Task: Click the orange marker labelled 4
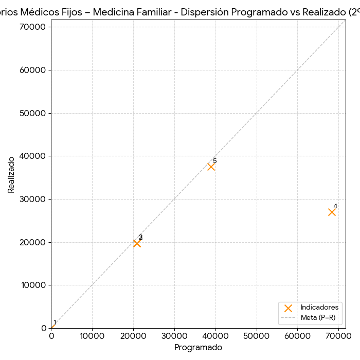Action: coord(332,212)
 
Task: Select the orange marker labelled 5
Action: coord(211,167)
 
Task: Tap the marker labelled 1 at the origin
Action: coord(51,328)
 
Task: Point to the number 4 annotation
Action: coord(335,206)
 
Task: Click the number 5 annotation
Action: coord(214,161)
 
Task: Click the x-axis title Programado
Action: coord(198,348)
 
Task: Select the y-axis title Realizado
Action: coord(11,175)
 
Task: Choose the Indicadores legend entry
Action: coord(319,308)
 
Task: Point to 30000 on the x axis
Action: coord(174,336)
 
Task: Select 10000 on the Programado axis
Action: coord(92,336)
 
